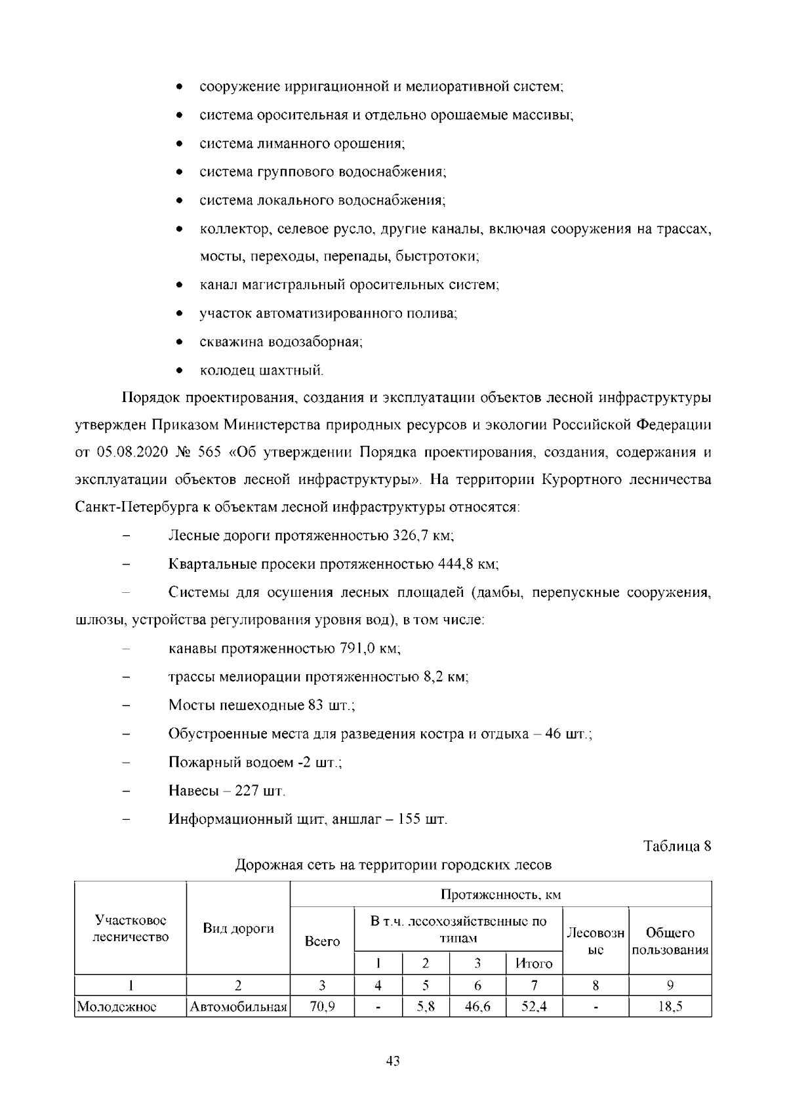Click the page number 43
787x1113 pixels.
click(x=393, y=1061)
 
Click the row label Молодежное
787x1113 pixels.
click(x=116, y=1007)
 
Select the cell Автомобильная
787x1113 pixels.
click(x=239, y=1007)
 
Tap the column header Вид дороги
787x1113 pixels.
click(x=238, y=929)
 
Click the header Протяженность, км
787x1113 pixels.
click(x=500, y=895)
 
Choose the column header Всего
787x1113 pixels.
click(x=322, y=941)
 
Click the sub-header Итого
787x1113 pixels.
click(x=534, y=963)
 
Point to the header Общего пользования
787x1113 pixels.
click(x=670, y=941)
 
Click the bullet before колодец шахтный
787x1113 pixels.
click(x=179, y=371)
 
